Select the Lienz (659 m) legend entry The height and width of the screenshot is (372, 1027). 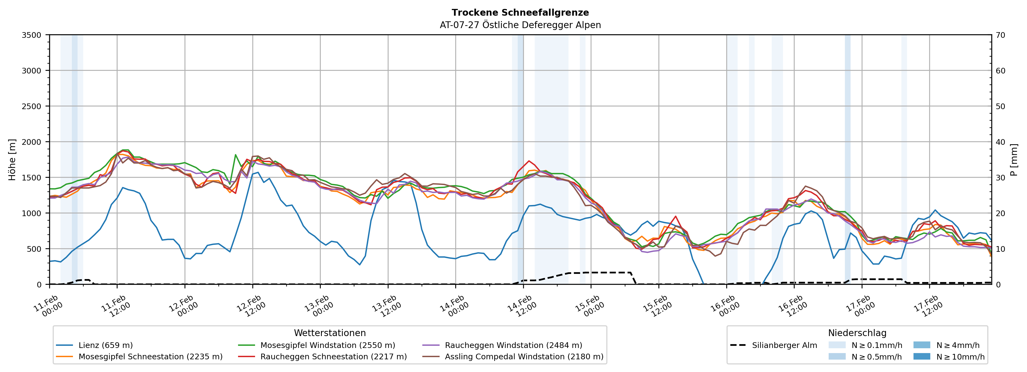105,345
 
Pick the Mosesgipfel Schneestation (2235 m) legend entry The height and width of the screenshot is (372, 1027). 150,356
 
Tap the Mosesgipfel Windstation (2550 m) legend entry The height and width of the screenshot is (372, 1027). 327,345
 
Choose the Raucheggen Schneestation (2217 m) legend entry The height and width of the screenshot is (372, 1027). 333,356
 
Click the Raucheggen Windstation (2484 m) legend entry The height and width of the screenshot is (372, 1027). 513,345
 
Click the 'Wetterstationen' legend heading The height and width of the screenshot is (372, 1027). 330,333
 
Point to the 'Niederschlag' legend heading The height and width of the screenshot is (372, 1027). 857,333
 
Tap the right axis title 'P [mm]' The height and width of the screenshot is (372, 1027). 1014,159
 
